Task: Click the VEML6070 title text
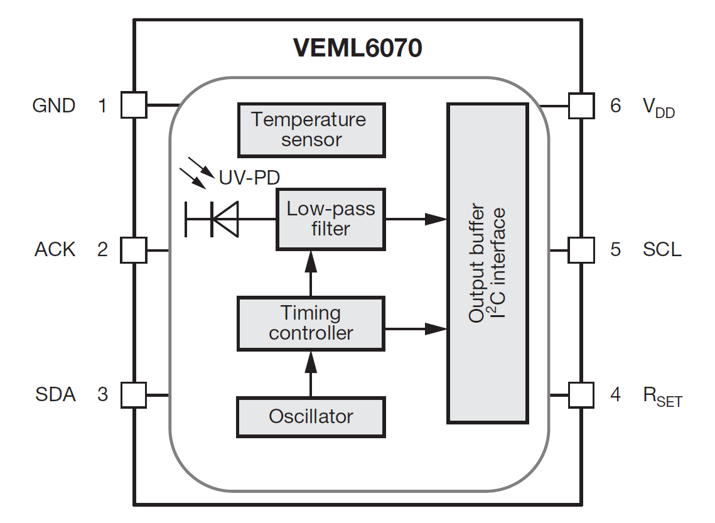tap(357, 48)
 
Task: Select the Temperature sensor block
tap(311, 129)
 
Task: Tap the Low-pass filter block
tap(330, 218)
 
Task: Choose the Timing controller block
tap(311, 323)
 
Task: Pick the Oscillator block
tap(311, 417)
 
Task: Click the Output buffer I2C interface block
tap(487, 263)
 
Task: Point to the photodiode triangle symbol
tap(226, 218)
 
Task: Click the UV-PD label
tap(249, 178)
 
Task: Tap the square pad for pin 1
tap(133, 105)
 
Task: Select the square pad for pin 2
tap(133, 250)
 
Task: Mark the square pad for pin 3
tap(133, 395)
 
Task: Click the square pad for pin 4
tap(581, 395)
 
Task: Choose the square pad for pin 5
tap(581, 250)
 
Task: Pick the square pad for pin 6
tap(581, 105)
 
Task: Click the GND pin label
tap(54, 105)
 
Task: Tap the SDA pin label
tap(55, 395)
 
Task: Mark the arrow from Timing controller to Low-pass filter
tap(309, 273)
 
